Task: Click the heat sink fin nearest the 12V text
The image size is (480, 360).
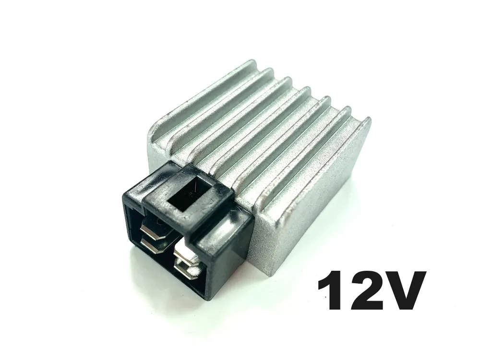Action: (x=317, y=158)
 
